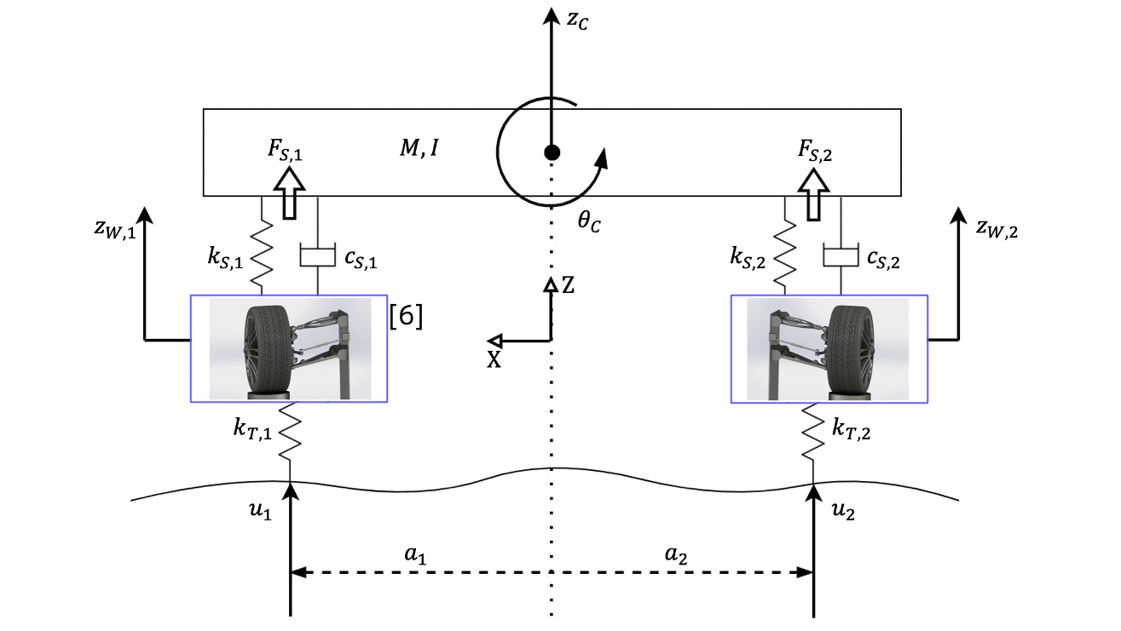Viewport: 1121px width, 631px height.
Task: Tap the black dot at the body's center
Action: pyautogui.click(x=552, y=152)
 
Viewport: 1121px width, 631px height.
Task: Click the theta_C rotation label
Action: pyautogui.click(x=588, y=223)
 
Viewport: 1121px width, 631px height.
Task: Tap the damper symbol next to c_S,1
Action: pyautogui.click(x=317, y=255)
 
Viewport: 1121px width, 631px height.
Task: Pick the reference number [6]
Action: pyautogui.click(x=406, y=315)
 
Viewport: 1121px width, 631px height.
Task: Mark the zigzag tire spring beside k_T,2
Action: pyautogui.click(x=814, y=433)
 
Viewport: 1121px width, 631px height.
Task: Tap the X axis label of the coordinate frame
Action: pyautogui.click(x=494, y=359)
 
